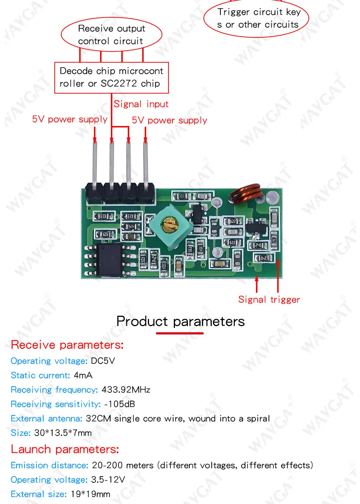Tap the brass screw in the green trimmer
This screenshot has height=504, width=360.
click(x=169, y=225)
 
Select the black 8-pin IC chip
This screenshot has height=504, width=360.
click(x=110, y=260)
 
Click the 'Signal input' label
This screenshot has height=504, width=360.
click(x=141, y=104)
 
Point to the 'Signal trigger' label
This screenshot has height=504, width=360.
click(x=269, y=300)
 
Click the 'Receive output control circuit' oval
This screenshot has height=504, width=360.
click(x=111, y=35)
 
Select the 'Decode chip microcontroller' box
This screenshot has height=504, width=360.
click(x=111, y=77)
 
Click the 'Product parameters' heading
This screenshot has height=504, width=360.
click(x=180, y=321)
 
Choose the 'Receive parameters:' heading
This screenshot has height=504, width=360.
click(x=67, y=345)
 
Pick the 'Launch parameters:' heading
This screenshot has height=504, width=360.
click(x=65, y=449)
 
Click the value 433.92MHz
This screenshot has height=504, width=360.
click(x=126, y=390)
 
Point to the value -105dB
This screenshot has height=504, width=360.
click(x=120, y=404)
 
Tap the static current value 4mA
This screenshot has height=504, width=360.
click(x=83, y=375)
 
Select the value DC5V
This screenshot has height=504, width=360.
click(x=103, y=361)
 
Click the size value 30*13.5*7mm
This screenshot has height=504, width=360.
click(x=63, y=433)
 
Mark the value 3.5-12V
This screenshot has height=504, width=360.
click(x=108, y=480)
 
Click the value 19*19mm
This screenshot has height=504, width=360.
click(x=90, y=494)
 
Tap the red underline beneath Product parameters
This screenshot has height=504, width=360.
click(x=180, y=333)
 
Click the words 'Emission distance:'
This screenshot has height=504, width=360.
click(x=49, y=465)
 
